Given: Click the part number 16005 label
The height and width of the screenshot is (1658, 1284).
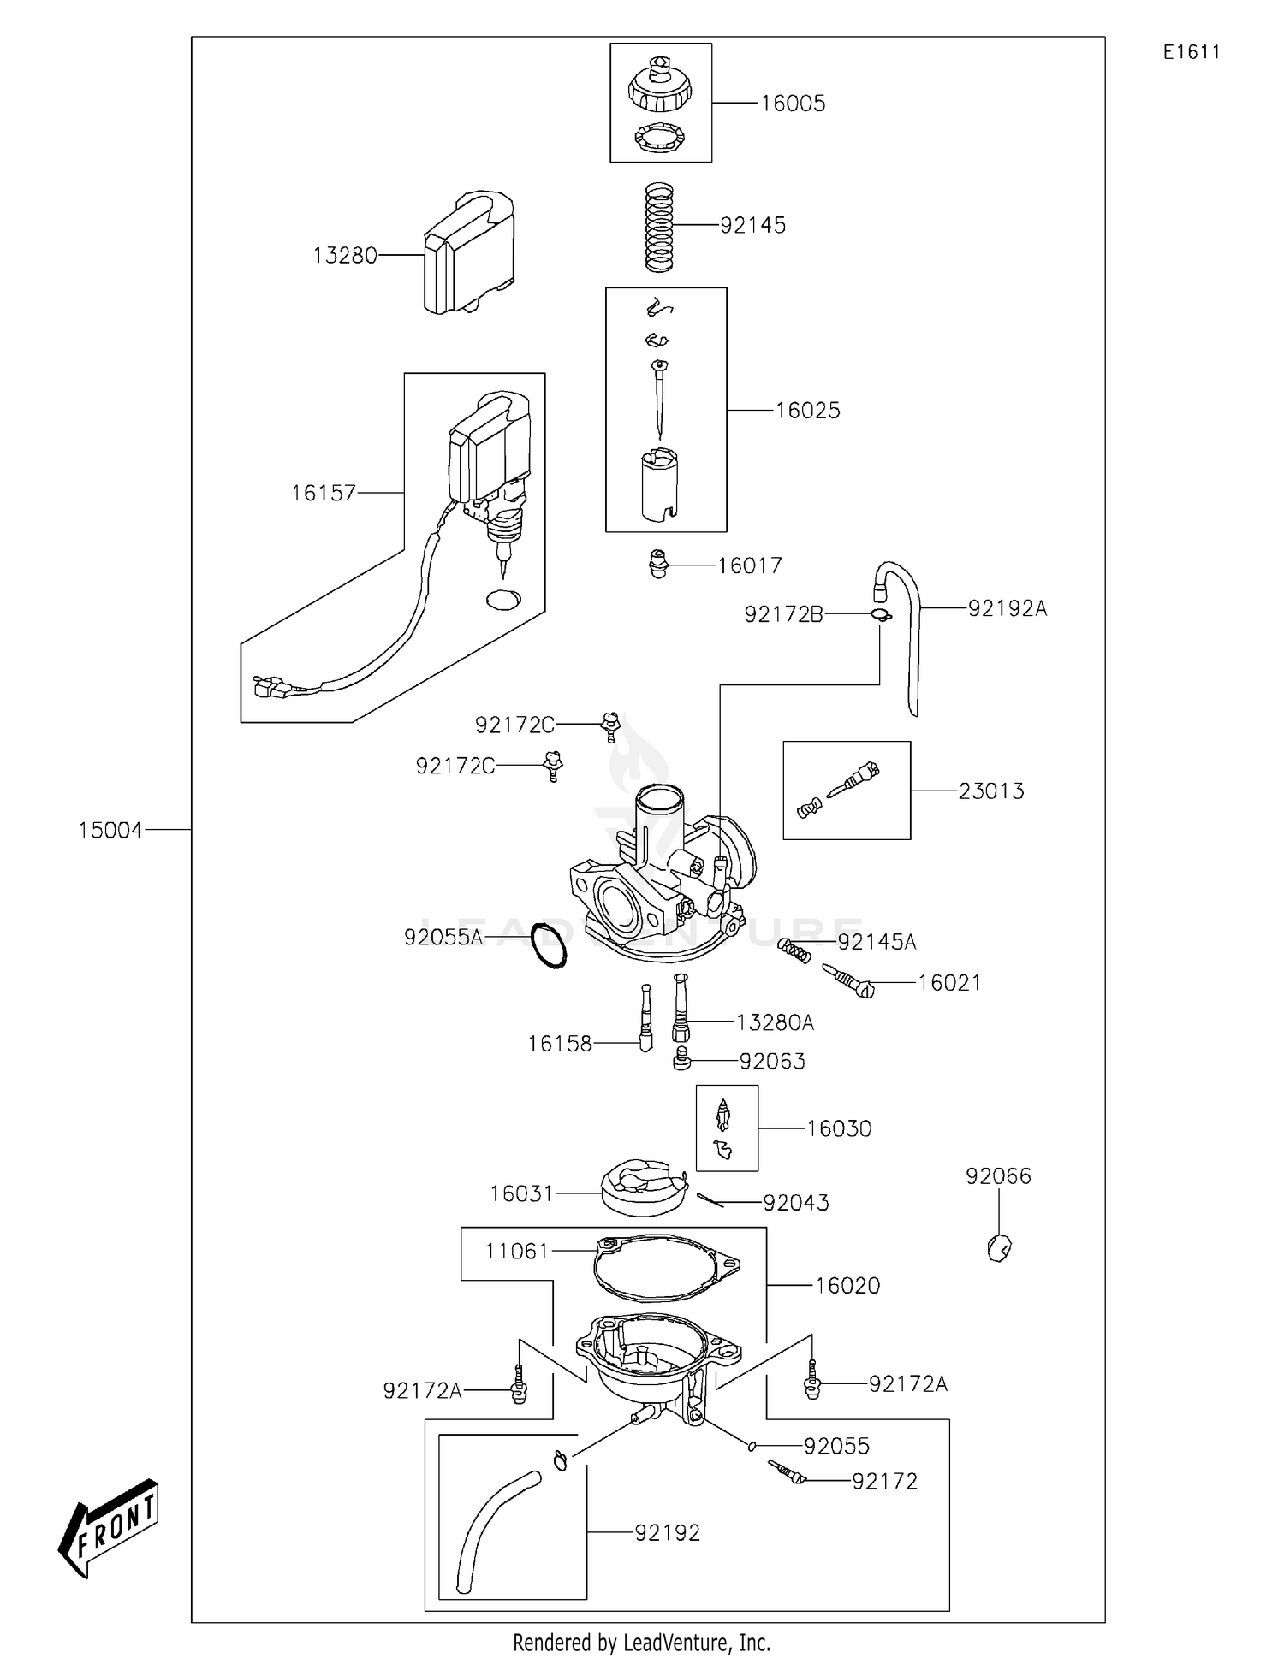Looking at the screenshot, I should click(x=793, y=104).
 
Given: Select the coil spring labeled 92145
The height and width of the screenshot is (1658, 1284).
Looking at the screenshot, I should click(x=659, y=227).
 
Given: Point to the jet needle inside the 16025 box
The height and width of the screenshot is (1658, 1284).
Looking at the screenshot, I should click(x=659, y=398).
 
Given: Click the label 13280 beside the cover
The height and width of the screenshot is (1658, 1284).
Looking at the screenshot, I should click(x=344, y=256).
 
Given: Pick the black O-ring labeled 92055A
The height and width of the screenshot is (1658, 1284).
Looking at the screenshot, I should click(x=548, y=945).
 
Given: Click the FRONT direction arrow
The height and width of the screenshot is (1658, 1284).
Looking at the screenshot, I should click(x=109, y=1528).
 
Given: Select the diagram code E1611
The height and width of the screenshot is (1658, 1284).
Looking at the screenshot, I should click(x=1191, y=52).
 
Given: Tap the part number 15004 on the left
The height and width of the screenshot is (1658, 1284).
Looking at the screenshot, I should click(x=110, y=830).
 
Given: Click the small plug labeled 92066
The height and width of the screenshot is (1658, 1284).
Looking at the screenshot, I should click(x=999, y=1249).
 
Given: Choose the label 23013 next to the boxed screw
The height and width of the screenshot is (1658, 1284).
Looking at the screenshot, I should click(x=990, y=791).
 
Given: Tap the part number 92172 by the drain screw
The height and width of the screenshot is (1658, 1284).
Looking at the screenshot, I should click(x=884, y=1482).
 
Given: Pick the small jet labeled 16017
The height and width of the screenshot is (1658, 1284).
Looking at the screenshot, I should click(x=657, y=565).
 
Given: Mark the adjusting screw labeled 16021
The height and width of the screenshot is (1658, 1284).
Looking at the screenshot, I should click(x=849, y=981).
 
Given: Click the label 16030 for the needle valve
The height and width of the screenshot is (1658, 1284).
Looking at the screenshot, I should click(x=838, y=1129).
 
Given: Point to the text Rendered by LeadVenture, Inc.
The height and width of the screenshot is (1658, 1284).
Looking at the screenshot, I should click(x=641, y=1643).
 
